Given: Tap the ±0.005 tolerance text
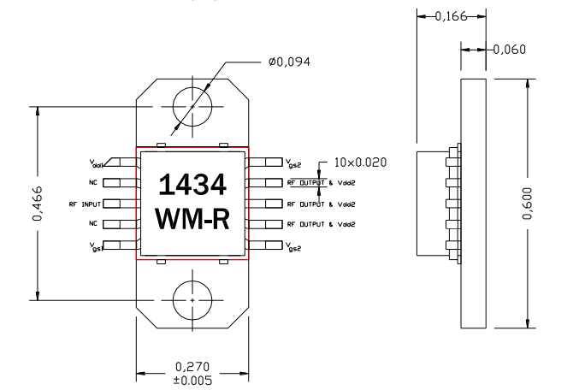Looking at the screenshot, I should pyautogui.click(x=193, y=379).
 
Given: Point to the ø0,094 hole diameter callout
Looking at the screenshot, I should pyautogui.click(x=291, y=61).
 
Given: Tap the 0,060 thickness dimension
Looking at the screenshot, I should pyautogui.click(x=511, y=50).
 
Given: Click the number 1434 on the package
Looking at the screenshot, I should pyautogui.click(x=192, y=184).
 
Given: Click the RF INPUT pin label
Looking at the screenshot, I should pyautogui.click(x=85, y=204).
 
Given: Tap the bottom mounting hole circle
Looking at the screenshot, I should pyautogui.click(x=192, y=300).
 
